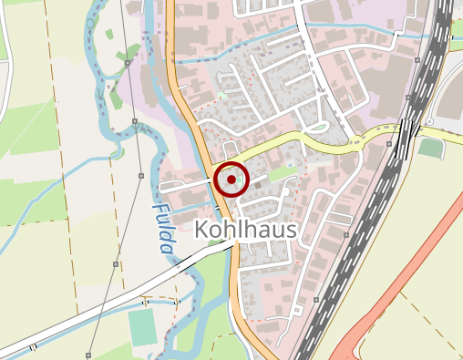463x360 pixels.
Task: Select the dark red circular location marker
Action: click(231, 180)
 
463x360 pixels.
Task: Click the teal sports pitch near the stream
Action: click(142, 326)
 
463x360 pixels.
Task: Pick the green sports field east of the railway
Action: click(430, 148)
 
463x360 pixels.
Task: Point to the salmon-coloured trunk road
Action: click(401, 273)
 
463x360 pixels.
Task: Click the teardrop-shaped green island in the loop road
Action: click(319, 126)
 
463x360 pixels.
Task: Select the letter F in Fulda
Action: click(158, 209)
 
